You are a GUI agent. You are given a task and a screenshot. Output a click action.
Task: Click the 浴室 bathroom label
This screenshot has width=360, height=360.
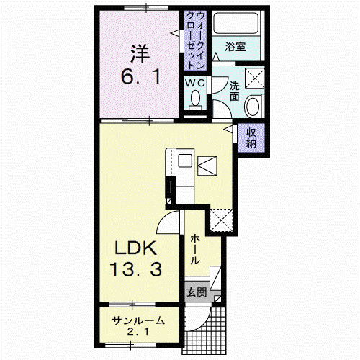(x=235, y=47)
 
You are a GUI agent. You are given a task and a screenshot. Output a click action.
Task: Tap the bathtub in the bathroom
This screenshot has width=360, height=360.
(x=235, y=23)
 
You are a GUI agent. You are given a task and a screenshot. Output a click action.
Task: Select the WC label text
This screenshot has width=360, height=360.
(x=195, y=83)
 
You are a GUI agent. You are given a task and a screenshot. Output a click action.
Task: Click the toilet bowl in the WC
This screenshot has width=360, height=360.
(x=196, y=98)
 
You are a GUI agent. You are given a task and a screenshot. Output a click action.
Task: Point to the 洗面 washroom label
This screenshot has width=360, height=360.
(x=235, y=91)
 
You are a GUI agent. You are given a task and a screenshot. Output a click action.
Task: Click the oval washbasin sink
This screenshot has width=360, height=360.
(x=253, y=107)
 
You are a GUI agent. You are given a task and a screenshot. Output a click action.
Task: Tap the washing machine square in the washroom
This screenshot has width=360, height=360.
(x=255, y=78)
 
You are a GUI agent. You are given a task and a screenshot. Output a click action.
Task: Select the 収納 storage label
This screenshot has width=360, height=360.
(x=251, y=138)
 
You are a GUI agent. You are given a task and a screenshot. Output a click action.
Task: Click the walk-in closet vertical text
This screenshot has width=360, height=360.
(x=196, y=40)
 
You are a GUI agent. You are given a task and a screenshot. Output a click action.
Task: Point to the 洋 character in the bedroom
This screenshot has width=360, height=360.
(x=140, y=53)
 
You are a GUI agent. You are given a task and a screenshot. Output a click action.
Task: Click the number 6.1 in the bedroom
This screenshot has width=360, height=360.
(x=140, y=77)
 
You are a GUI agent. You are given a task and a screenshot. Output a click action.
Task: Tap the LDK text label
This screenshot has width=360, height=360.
(x=136, y=248)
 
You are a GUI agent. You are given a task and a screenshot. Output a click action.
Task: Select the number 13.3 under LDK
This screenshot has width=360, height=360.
(x=136, y=269)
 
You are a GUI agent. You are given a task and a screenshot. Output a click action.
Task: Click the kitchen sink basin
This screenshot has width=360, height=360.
(x=185, y=161)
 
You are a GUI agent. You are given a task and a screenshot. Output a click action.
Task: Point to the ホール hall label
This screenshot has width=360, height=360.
(x=195, y=250)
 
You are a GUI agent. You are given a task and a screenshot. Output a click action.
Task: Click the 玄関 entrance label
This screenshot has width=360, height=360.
(x=197, y=292)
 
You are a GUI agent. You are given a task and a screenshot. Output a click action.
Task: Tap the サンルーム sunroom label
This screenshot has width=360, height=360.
(x=138, y=320)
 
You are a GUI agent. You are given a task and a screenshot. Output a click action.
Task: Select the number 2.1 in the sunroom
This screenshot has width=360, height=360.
(x=138, y=332)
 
